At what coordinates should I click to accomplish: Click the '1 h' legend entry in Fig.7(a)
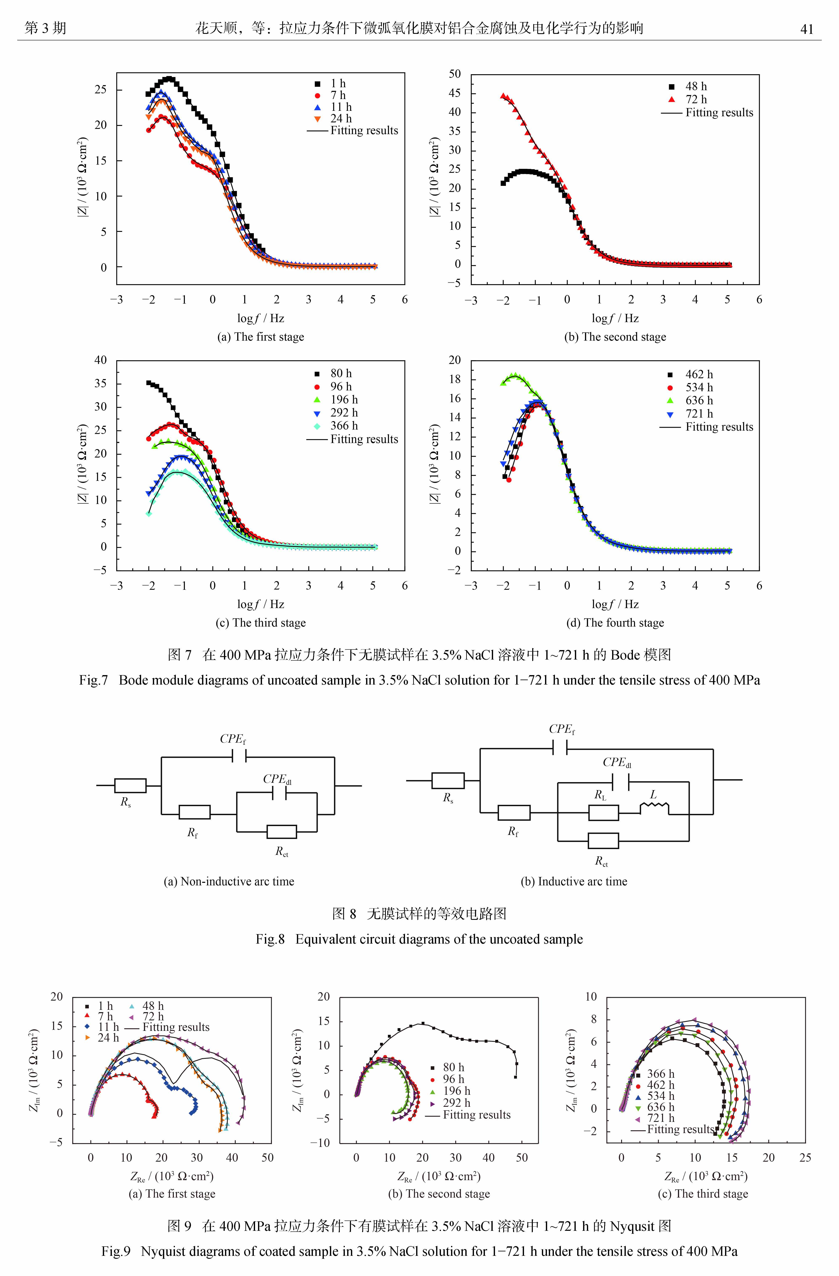coord(338,84)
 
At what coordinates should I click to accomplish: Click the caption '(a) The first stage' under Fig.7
coord(261,337)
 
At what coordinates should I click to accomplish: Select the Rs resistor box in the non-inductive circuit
coord(130,785)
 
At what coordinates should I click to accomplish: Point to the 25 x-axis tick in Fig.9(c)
coord(805,1157)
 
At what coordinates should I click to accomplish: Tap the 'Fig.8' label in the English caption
coord(270,939)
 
